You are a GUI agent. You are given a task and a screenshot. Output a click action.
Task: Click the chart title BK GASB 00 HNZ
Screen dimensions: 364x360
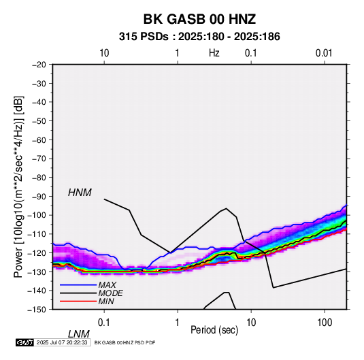click(x=199, y=19)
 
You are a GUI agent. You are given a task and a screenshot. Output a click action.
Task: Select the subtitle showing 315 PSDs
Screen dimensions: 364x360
click(x=199, y=37)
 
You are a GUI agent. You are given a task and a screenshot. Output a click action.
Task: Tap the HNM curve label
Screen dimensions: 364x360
click(x=80, y=193)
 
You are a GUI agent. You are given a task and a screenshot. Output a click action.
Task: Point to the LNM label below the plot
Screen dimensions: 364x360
click(x=79, y=334)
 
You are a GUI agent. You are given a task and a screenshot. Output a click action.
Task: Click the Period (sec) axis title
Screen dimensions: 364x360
click(x=214, y=330)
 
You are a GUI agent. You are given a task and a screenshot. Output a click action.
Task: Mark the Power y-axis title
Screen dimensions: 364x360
click(x=18, y=186)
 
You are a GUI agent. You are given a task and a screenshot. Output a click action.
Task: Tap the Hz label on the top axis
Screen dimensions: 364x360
click(x=214, y=53)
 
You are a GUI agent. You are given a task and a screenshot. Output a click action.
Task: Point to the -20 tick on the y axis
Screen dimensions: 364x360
click(x=39, y=65)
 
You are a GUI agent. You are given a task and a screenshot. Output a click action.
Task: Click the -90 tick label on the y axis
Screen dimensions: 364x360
click(x=39, y=197)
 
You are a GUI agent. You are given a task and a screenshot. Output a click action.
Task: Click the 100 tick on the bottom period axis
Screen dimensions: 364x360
click(x=325, y=323)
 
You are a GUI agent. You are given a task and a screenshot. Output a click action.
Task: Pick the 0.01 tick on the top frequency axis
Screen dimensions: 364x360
click(x=324, y=53)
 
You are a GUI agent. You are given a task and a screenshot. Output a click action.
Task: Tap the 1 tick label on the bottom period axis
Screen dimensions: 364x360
click(x=178, y=323)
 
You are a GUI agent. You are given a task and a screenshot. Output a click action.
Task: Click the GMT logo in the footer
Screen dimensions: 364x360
click(x=25, y=342)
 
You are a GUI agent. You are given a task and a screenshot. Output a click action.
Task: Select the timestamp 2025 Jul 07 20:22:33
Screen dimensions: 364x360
click(x=62, y=342)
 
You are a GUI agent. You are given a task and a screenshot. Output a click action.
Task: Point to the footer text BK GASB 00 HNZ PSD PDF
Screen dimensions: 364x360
click(x=125, y=342)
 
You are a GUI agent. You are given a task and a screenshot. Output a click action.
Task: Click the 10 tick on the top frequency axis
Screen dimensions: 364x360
click(x=104, y=53)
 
